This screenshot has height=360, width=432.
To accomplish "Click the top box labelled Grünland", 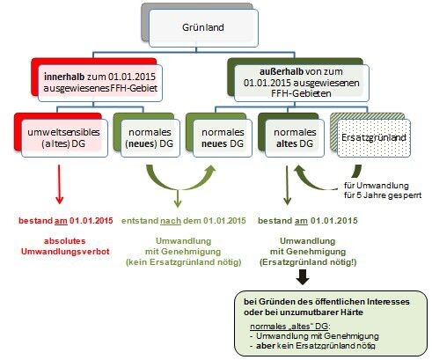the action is [x=203, y=28].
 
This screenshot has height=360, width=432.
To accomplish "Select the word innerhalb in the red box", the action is [x=64, y=77].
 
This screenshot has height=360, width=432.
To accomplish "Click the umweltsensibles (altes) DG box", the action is [x=64, y=138].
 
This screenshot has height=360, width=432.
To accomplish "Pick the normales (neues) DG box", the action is [x=150, y=138].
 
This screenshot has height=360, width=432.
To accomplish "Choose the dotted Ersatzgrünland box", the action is [x=374, y=138].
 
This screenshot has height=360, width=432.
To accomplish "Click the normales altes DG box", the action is [x=295, y=138].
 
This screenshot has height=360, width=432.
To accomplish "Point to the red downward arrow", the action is [x=59, y=184].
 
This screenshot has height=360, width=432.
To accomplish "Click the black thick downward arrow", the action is [x=303, y=277].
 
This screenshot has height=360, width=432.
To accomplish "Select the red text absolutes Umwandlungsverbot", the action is [x=65, y=246].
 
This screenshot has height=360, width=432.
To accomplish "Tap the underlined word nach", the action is [x=171, y=221].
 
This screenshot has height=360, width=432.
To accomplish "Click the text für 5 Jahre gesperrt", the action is [x=383, y=195].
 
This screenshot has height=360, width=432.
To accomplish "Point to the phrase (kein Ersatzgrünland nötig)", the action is [x=184, y=262].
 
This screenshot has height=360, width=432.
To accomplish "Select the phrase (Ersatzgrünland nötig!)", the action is [x=308, y=262].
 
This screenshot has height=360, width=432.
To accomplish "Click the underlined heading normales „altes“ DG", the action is [x=290, y=327].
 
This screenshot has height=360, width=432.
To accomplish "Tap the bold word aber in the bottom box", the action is [x=266, y=346].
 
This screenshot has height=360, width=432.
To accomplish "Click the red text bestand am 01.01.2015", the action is [x=66, y=221].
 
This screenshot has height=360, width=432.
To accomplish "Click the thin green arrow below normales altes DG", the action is [x=287, y=186].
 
